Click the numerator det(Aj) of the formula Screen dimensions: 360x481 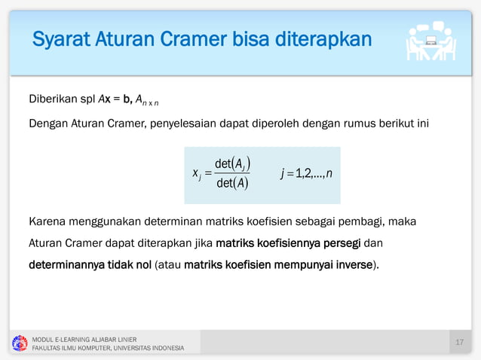pos(232,164)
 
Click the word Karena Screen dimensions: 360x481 pos(47,222)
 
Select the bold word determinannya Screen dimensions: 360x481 pos(69,265)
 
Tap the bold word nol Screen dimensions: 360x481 pos(142,265)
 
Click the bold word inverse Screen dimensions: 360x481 pos(354,265)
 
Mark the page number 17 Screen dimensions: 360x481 pos(460,343)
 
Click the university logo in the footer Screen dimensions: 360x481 pos(19,343)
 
